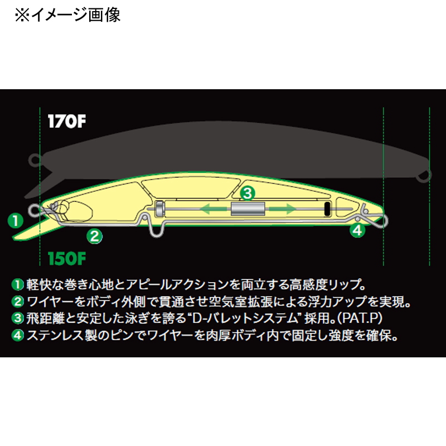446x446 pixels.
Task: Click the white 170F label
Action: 67,122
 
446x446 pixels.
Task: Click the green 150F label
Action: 67,258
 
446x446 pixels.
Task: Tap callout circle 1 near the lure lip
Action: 16,221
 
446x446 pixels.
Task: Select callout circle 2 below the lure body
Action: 94,236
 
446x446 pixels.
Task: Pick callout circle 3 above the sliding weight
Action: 248,193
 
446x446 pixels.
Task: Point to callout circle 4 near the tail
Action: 357,230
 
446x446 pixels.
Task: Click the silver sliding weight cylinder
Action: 248,209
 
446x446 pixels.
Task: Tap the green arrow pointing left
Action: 214,209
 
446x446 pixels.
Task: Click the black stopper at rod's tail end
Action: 327,209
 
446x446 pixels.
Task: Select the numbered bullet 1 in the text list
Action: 18,285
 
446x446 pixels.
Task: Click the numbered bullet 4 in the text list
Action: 18,336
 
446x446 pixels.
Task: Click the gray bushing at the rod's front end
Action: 159,209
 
